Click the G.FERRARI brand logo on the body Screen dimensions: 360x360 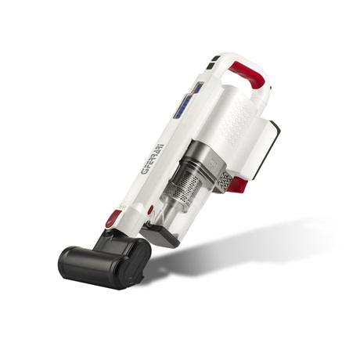click(153, 159)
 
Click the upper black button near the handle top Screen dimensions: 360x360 click(217, 58)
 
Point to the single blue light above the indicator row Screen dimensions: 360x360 click(198, 89)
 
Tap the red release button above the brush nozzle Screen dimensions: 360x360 click(113, 218)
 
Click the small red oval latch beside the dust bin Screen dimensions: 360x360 click(150, 210)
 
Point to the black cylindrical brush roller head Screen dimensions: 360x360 click(104, 264)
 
